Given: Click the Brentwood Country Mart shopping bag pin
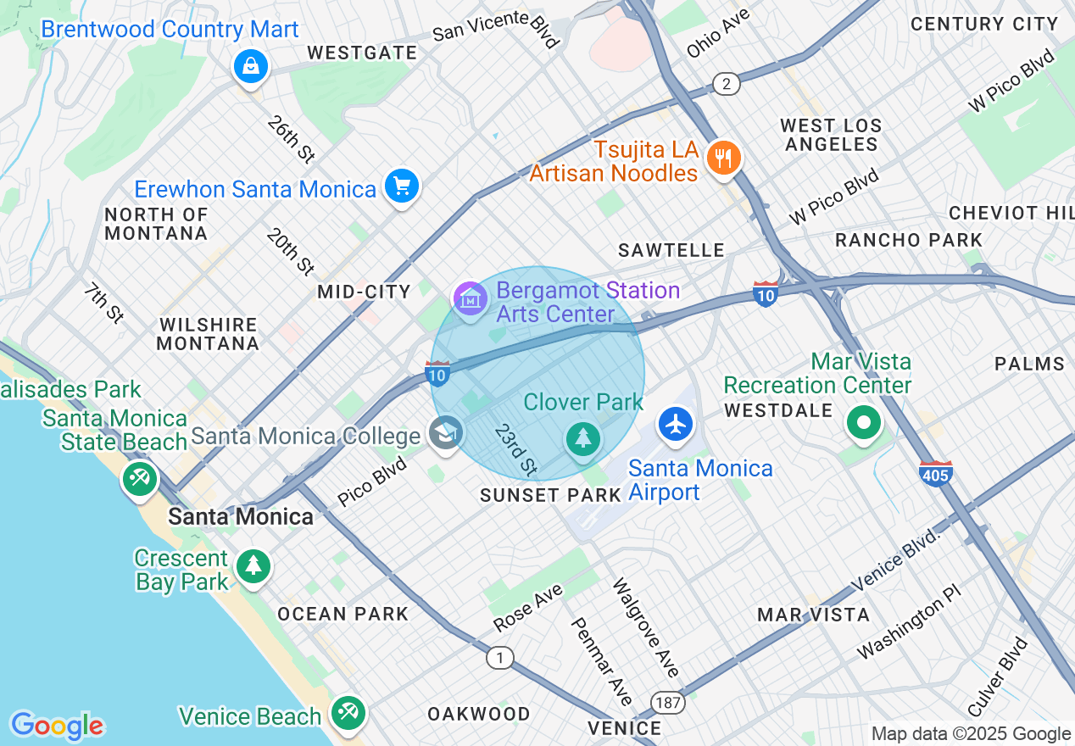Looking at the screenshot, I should point(251,65).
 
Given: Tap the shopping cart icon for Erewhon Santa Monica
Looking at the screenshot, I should point(401,186).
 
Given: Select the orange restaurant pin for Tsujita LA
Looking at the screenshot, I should point(723,158).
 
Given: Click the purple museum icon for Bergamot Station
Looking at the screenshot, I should point(471,299).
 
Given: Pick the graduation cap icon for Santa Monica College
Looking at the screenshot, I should point(446,433).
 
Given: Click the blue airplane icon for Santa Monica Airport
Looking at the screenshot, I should point(676,423).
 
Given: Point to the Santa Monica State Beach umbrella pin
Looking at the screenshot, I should point(140,479).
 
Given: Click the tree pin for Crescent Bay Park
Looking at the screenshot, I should point(253,566).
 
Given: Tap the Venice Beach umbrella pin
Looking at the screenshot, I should point(348,713).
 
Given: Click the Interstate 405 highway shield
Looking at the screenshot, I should point(935,473).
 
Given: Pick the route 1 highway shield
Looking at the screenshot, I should point(500,658).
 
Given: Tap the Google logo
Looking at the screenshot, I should point(58,726).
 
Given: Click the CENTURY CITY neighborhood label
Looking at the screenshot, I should point(984,25).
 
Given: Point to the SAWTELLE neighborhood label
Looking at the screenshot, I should point(671,250).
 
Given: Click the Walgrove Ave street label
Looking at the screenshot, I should point(646,628).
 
